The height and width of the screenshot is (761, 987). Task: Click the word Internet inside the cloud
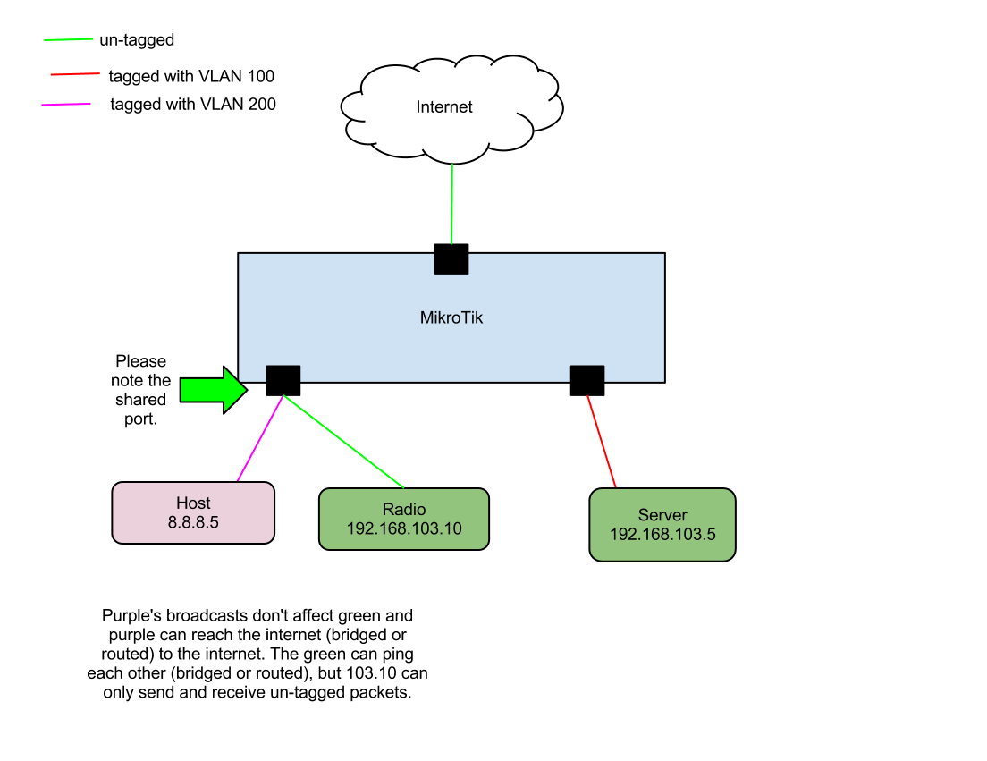point(444,107)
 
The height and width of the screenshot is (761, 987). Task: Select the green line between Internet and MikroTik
point(452,203)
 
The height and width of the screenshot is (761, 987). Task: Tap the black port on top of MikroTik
point(451,263)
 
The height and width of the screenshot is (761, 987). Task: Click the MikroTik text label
point(451,317)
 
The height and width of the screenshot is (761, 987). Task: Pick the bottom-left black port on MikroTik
point(283,374)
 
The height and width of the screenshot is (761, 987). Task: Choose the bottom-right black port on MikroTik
point(587,374)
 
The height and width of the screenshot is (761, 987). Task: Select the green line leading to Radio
point(344,437)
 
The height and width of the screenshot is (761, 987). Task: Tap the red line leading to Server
point(602,442)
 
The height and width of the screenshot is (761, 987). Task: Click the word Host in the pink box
point(193,503)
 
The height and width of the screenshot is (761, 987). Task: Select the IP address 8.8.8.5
point(193,523)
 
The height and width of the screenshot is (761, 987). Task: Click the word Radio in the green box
point(404,510)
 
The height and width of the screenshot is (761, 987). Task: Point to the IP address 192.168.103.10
point(404,528)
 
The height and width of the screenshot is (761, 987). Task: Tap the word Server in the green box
point(662,515)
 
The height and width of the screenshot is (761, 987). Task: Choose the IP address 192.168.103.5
point(662,535)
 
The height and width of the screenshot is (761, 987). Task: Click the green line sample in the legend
point(69,40)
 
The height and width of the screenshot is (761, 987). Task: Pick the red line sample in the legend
point(75,74)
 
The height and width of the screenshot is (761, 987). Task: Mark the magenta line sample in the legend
point(66,105)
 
